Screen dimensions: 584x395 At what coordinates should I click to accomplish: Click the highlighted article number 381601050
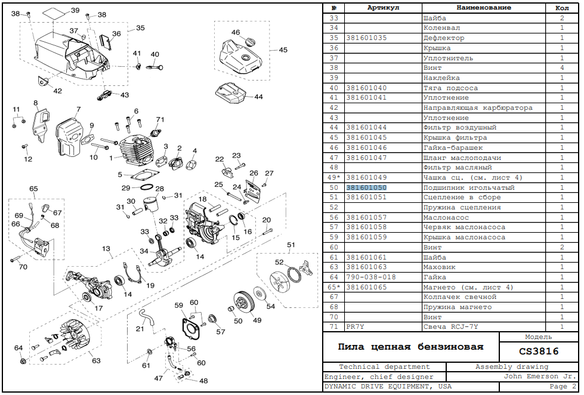click(x=366, y=187)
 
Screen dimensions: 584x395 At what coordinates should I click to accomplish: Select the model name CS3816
click(x=539, y=351)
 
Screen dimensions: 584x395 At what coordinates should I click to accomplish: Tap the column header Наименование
click(x=483, y=8)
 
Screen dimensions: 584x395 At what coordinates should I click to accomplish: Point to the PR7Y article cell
click(x=355, y=327)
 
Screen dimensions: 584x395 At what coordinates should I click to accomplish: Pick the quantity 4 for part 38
click(x=562, y=68)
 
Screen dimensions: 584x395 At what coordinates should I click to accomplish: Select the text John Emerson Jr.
click(x=540, y=377)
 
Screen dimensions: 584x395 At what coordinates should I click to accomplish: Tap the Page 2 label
click(x=563, y=387)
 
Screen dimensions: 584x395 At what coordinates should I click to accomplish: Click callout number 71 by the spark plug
click(x=160, y=119)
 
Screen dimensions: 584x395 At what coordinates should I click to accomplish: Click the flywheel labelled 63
click(x=73, y=338)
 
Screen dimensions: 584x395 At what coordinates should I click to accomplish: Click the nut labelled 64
click(x=23, y=360)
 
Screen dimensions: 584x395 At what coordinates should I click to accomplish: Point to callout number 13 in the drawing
click(x=106, y=249)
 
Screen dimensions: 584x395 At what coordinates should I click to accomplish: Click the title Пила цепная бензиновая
click(x=410, y=347)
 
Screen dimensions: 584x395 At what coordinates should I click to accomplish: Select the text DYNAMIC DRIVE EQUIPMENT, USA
click(x=388, y=387)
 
